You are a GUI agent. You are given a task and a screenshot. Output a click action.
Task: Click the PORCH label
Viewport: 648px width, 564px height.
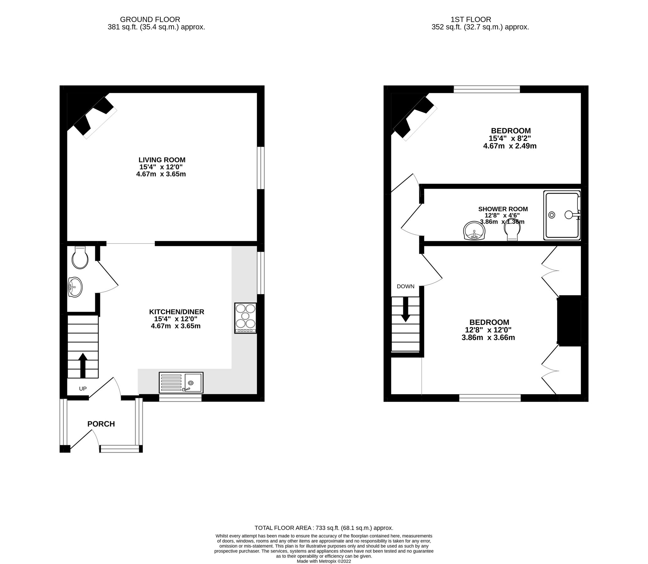pos(101,424)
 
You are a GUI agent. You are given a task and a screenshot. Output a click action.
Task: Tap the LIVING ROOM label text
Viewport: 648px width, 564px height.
pos(162,160)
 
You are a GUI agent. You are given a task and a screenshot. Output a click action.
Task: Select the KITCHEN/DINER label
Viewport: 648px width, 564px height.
pos(176,312)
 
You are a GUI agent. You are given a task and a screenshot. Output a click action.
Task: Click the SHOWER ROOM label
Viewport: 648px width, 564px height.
pos(503,209)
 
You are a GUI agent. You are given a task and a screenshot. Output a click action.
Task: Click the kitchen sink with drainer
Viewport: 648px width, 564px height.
pos(181,382)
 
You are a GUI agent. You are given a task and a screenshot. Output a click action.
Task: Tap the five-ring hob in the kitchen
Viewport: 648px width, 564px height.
pos(245,318)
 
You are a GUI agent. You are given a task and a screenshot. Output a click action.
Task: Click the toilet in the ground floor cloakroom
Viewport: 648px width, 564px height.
pos(80,258)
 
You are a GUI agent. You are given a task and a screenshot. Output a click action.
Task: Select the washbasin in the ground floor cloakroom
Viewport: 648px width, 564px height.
pos(75,287)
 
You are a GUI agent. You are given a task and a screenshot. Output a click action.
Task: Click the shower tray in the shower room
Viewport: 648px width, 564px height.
pos(562,215)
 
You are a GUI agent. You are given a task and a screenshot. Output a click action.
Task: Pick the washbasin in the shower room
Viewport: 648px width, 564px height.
pos(474,231)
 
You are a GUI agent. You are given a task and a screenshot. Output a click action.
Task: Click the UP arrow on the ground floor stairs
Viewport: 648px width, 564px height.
pos(83,365)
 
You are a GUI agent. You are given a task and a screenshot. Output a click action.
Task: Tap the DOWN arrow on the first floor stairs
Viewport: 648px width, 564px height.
pos(405,310)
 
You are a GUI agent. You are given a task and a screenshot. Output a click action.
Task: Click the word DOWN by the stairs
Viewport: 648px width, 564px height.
pos(405,286)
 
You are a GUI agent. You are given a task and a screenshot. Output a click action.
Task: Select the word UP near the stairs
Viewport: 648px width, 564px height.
pos(82,389)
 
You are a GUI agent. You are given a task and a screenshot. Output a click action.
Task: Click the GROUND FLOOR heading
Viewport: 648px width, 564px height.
pos(150,19)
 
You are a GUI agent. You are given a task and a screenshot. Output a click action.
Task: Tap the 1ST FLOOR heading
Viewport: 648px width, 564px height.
pos(471,19)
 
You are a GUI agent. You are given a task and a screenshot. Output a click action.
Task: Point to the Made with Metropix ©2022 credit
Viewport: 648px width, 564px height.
pos(324,561)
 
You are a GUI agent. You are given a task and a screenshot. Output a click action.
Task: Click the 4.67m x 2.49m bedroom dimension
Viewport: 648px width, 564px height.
pos(510,146)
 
